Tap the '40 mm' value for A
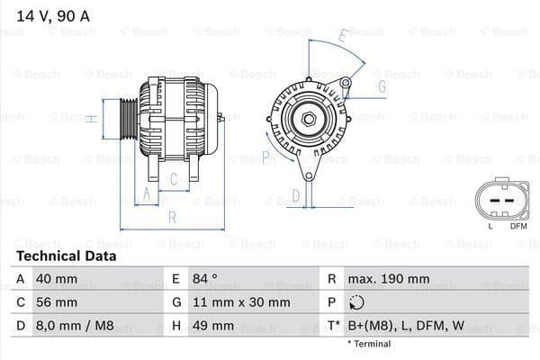click(x=56, y=279)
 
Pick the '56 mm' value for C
click(x=56, y=302)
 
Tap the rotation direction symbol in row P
click(x=358, y=302)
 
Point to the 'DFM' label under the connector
click(x=518, y=225)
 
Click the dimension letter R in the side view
click(x=171, y=217)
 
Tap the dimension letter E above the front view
click(x=344, y=37)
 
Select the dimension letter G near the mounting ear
click(x=382, y=86)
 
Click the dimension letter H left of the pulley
click(x=91, y=117)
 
